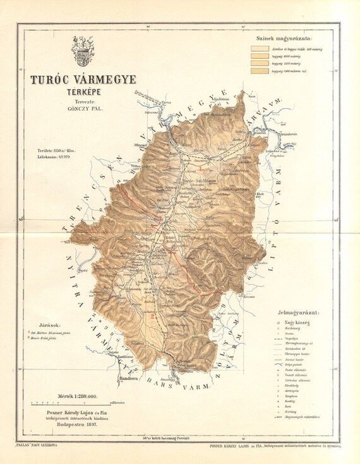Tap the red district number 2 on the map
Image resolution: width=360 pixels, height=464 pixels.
(153, 314)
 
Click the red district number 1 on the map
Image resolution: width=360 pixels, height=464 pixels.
(201, 169)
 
